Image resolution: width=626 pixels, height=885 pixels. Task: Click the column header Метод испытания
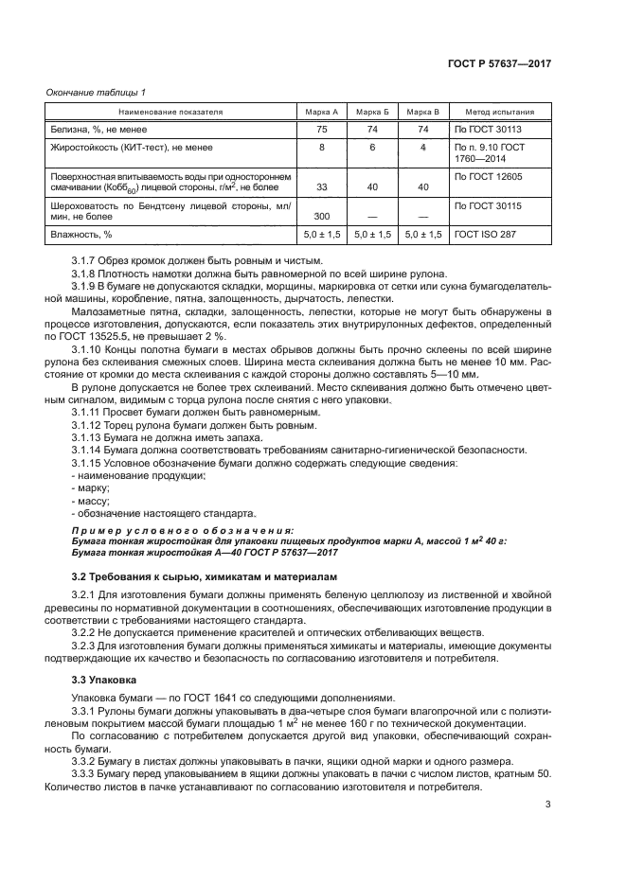(499, 111)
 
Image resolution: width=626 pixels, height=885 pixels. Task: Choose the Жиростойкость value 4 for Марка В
(423, 148)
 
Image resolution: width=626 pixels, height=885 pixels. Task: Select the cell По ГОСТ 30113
(488, 129)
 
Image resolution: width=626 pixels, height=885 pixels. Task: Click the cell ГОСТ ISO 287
(487, 233)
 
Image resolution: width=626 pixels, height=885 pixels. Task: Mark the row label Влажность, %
(80, 233)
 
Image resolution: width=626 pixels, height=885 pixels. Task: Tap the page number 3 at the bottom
(548, 805)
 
